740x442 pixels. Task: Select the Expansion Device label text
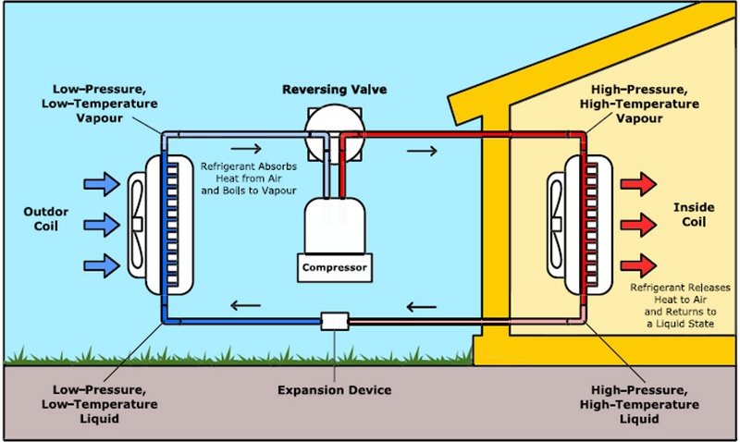tap(335, 389)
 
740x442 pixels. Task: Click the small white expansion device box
tap(334, 321)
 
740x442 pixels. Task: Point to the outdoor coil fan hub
tap(137, 223)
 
